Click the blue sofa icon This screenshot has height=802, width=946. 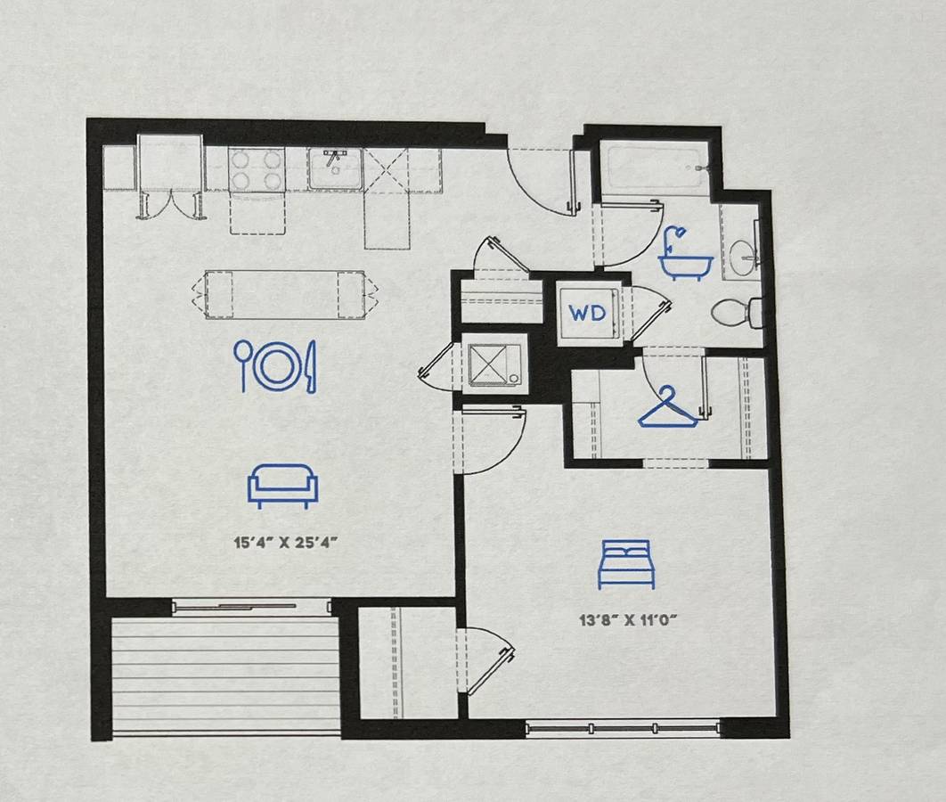282,486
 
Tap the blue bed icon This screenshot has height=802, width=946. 626,564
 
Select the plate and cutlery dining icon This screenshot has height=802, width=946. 275,365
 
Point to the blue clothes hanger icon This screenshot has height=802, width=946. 668,407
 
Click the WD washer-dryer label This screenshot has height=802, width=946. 587,313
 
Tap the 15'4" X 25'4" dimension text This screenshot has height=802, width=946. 285,542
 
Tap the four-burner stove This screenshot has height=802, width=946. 257,169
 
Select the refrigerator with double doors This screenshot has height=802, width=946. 170,175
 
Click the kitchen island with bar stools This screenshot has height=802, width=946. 285,295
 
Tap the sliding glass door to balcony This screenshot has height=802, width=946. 251,606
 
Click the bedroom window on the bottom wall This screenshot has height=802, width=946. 623,728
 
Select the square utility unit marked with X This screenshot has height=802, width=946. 494,364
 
